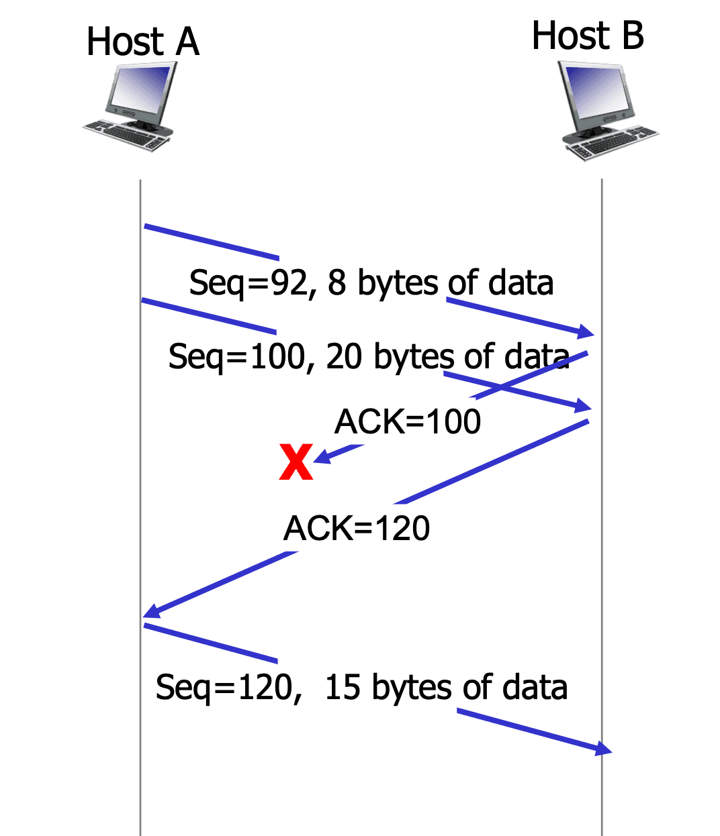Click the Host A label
(x=142, y=41)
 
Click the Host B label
(x=587, y=36)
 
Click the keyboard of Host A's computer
(x=126, y=136)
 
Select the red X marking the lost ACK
(x=296, y=462)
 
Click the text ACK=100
(x=408, y=421)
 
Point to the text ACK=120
(x=357, y=528)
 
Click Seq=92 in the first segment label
(x=248, y=283)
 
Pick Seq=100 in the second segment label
(x=236, y=357)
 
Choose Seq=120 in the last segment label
(x=224, y=688)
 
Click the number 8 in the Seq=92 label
(x=336, y=282)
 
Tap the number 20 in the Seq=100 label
(x=343, y=356)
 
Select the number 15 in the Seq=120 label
(x=342, y=687)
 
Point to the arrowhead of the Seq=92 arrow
(x=586, y=331)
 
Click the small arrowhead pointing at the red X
(x=322, y=457)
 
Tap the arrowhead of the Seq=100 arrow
(x=583, y=406)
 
